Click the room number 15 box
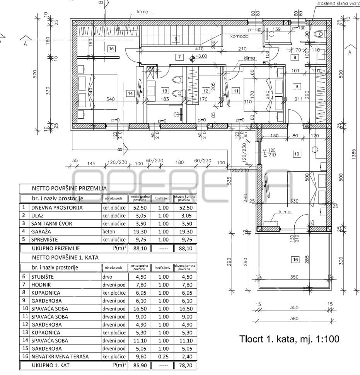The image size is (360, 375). [111, 49]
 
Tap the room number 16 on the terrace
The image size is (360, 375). [295, 260]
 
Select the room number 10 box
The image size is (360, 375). [297, 154]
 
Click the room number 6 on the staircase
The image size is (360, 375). [175, 39]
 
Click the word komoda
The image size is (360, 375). [239, 36]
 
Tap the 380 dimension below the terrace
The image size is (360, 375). [295, 319]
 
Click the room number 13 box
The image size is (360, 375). [165, 91]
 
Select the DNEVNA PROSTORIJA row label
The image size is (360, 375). [56, 207]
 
